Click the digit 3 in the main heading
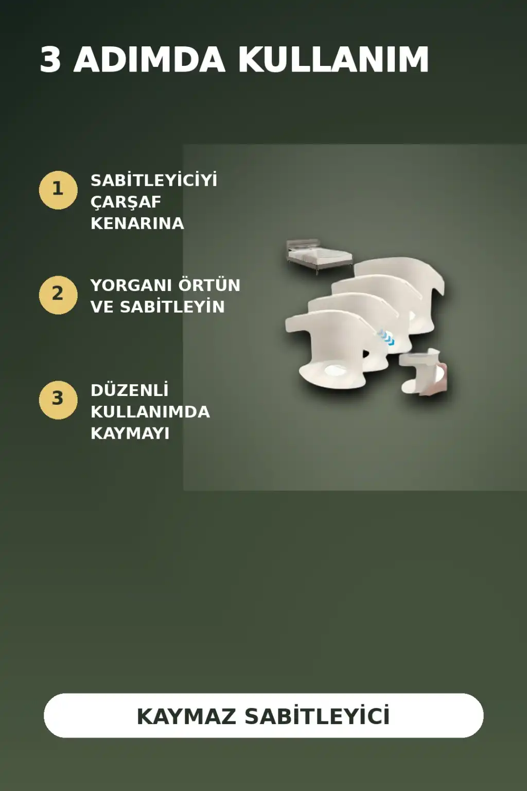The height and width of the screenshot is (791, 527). click(x=50, y=60)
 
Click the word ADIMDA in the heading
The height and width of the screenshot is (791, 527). click(x=149, y=60)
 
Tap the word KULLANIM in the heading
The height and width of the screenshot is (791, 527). click(x=333, y=60)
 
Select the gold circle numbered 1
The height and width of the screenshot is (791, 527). click(x=58, y=191)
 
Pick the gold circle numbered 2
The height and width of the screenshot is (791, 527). click(x=58, y=295)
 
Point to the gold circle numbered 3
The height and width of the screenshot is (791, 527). click(x=58, y=400)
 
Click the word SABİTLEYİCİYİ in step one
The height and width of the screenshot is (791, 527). click(x=154, y=180)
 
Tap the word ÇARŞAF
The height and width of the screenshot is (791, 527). click(x=126, y=202)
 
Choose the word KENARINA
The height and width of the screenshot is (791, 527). click(x=137, y=223)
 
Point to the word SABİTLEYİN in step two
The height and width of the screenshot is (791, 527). click(x=172, y=306)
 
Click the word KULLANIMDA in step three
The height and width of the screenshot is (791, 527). click(x=150, y=412)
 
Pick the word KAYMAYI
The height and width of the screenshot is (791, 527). click(x=130, y=433)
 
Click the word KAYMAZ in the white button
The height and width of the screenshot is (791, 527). click(x=186, y=716)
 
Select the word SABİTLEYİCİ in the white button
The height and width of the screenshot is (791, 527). click(x=317, y=716)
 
